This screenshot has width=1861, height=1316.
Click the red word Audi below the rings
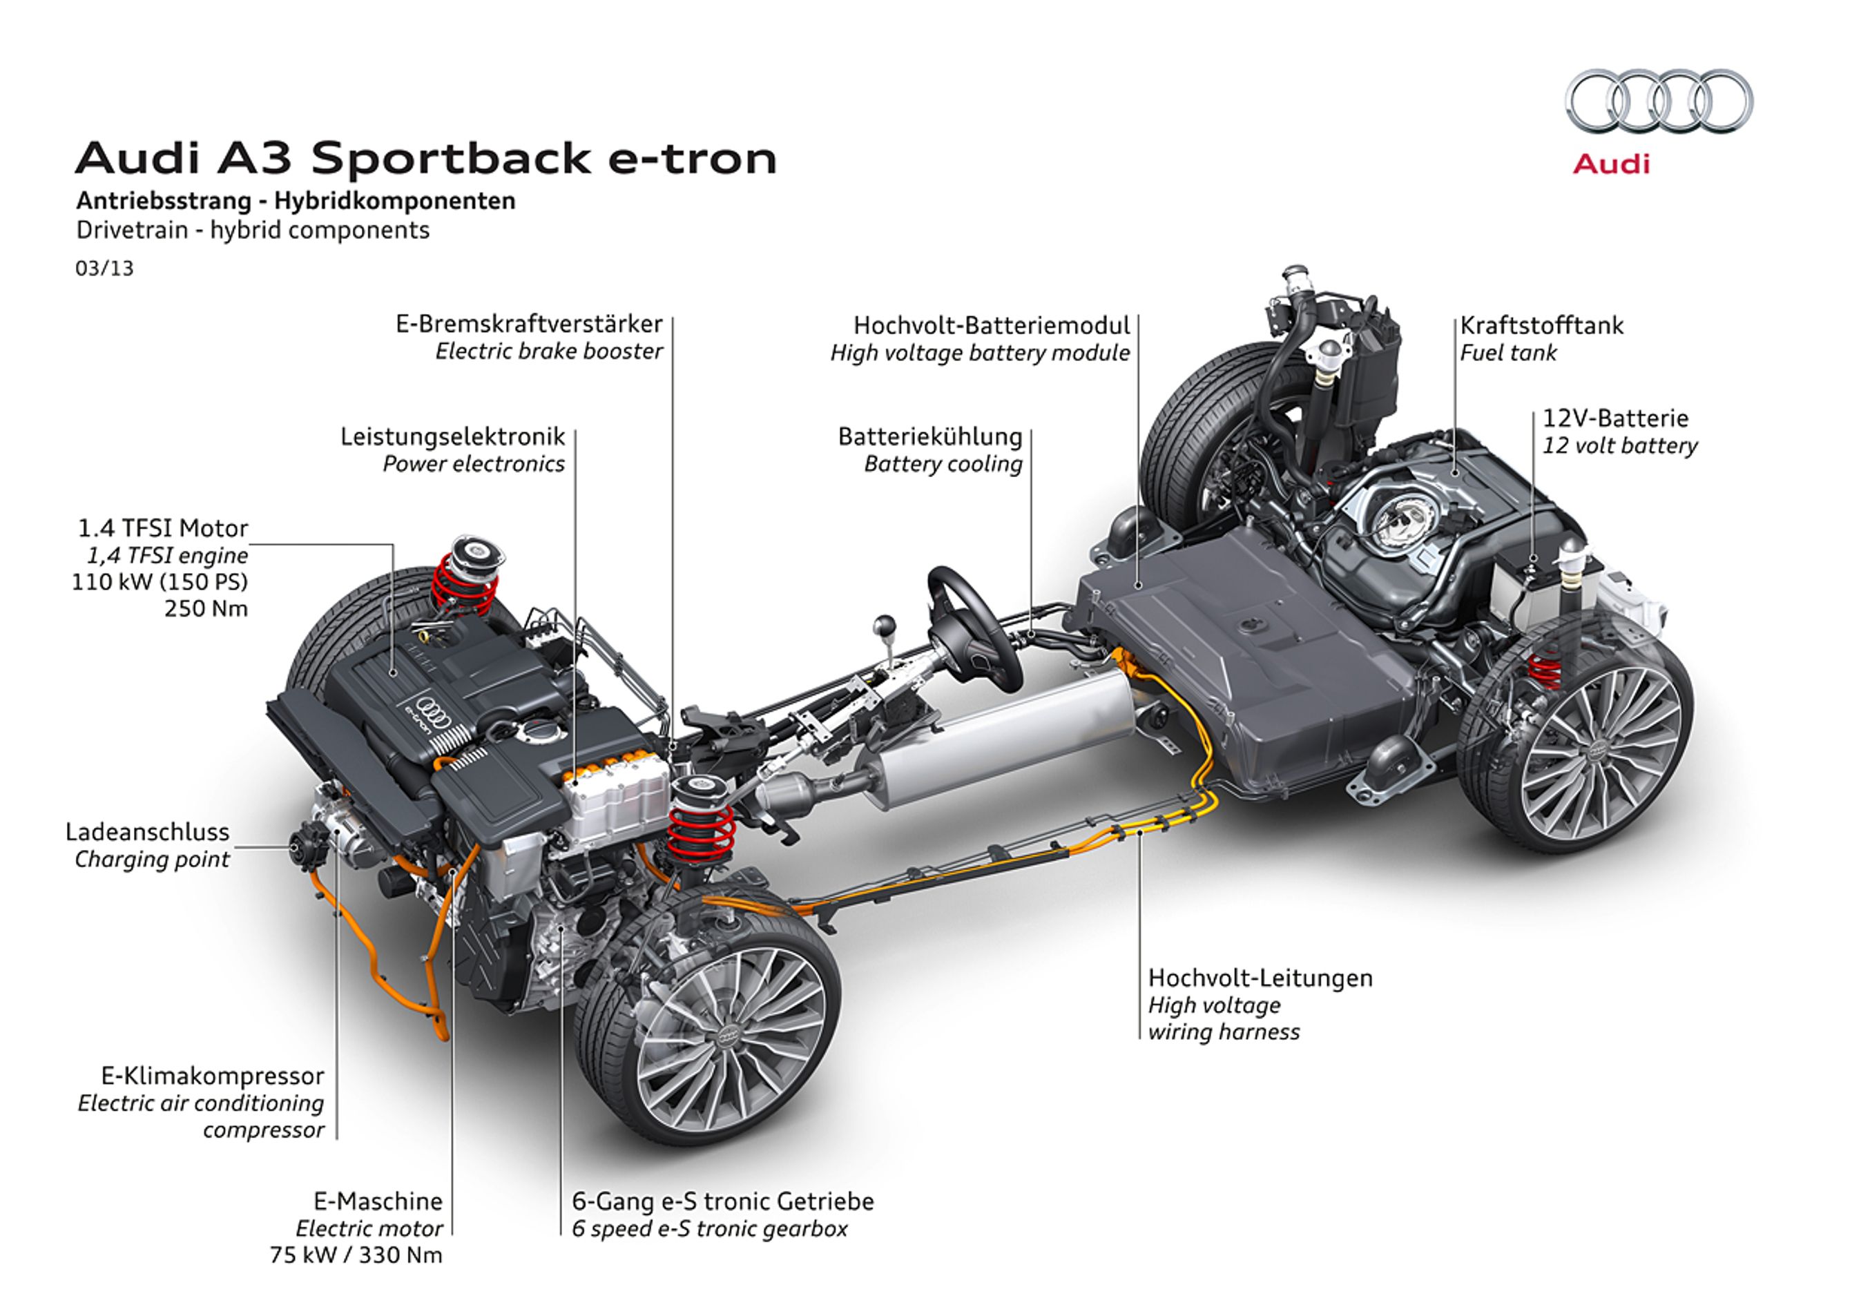(x=1610, y=164)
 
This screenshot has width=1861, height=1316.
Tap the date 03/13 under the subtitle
(x=104, y=268)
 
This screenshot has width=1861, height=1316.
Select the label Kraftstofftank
(x=1542, y=326)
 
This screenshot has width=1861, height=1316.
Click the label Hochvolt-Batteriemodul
(x=992, y=326)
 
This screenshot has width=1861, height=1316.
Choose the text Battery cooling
(x=943, y=463)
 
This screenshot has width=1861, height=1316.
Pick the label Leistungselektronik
(x=452, y=437)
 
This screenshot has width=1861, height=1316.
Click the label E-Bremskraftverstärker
(x=528, y=324)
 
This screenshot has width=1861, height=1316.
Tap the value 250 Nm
(x=206, y=608)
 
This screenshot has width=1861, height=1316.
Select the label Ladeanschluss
(x=148, y=831)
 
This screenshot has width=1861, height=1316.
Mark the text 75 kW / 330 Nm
(x=356, y=1255)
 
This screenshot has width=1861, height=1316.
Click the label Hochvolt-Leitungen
(x=1260, y=978)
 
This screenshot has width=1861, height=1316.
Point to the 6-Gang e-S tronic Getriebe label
(x=723, y=1201)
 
